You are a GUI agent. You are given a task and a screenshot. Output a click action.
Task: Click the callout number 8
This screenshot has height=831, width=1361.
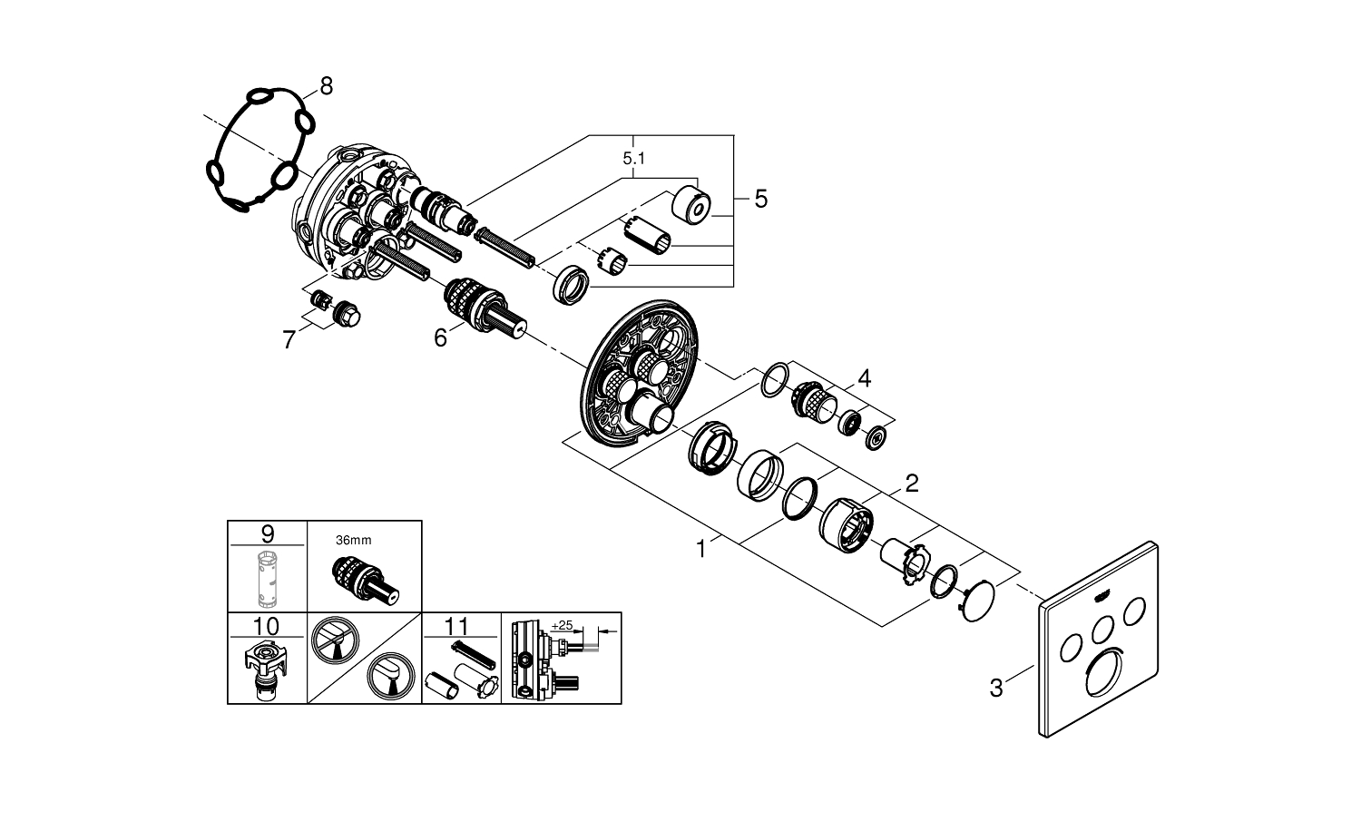click(326, 86)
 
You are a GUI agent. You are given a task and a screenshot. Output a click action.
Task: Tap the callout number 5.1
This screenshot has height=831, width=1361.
click(635, 159)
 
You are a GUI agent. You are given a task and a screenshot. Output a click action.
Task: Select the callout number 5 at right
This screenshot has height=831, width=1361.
click(760, 198)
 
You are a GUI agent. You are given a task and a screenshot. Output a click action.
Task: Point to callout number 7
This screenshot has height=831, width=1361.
click(289, 340)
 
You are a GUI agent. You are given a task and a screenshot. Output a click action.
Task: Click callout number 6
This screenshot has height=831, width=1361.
click(440, 338)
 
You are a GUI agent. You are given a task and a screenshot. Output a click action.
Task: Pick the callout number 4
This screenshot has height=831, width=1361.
click(864, 378)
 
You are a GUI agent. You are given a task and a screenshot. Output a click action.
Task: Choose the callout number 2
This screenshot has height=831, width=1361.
click(911, 483)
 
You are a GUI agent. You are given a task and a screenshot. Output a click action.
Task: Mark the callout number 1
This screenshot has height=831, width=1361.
click(700, 548)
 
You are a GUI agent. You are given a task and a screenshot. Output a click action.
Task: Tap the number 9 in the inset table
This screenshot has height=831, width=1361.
click(267, 533)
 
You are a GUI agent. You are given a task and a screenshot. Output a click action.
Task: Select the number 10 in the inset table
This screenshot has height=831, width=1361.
click(267, 626)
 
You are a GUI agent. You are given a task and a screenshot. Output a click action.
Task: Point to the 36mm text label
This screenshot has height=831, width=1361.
click(353, 541)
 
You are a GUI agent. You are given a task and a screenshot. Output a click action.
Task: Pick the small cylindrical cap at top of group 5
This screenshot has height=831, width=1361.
click(694, 205)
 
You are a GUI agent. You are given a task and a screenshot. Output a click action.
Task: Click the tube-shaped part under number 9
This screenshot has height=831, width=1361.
click(267, 577)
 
